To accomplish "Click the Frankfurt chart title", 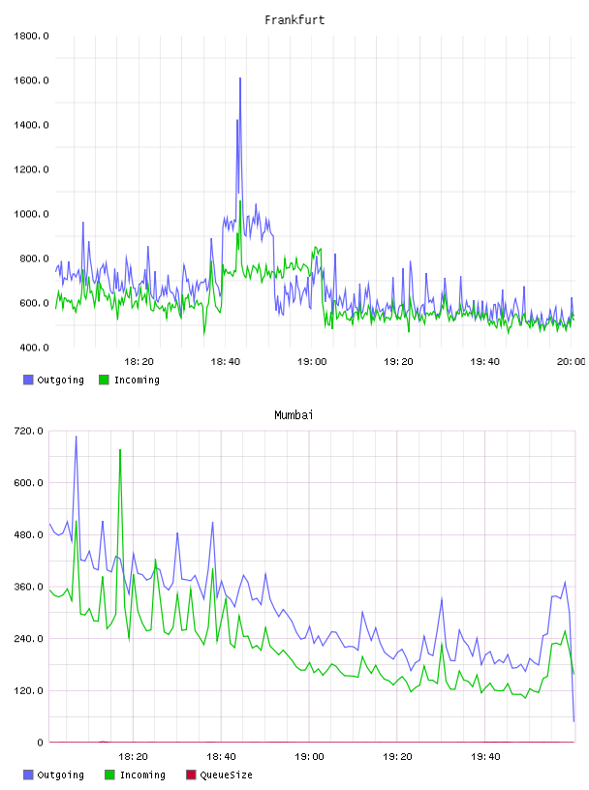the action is coord(294,20).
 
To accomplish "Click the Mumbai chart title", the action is coord(294,415).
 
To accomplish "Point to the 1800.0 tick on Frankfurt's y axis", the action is coord(31,36).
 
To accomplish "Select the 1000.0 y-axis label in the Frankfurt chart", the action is coord(31,214).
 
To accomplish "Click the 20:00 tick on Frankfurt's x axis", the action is coord(571,362).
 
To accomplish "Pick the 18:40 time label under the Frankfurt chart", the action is coord(226,362).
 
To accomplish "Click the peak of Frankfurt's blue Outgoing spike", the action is coord(240,78).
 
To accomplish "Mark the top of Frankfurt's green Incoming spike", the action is coord(240,201).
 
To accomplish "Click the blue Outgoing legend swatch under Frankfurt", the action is coord(28,380).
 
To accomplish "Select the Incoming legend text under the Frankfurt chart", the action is coord(137,380).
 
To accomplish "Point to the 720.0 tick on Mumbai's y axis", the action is coord(28,431).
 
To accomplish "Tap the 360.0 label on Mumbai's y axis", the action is coord(28,587).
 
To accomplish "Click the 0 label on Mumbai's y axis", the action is coord(40,743).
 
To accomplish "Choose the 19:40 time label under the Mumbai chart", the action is coord(485,757).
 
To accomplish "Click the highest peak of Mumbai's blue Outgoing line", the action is coord(77,437).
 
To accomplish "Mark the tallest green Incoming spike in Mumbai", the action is coord(120,450).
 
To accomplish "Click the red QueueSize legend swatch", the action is coord(191,775).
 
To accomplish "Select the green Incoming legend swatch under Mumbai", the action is coord(109,775).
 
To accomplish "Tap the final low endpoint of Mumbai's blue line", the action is coord(573,721).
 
